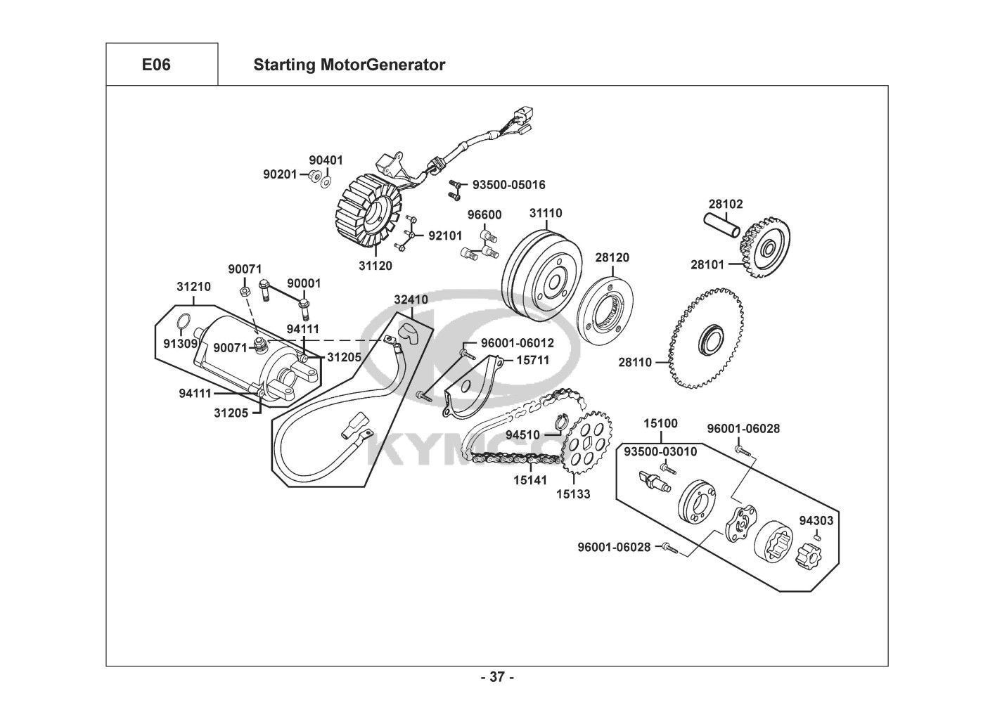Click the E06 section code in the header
pyautogui.click(x=156, y=65)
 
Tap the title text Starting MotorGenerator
pyautogui.click(x=349, y=65)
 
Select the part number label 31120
pyautogui.click(x=375, y=266)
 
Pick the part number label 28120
pyautogui.click(x=612, y=258)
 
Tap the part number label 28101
pyautogui.click(x=707, y=265)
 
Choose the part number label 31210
pyautogui.click(x=193, y=287)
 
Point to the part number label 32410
pyautogui.click(x=411, y=299)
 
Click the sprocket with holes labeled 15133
pyautogui.click(x=588, y=446)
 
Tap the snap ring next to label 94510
pyautogui.click(x=560, y=423)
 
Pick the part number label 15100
pyautogui.click(x=661, y=423)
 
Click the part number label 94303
pyautogui.click(x=816, y=521)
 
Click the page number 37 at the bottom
pyautogui.click(x=497, y=678)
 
